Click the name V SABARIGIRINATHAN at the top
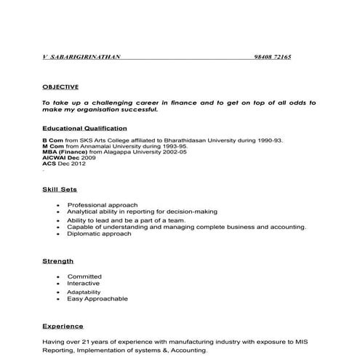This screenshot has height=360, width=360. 81,57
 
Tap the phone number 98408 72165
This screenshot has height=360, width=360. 273,57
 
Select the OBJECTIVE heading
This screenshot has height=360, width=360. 60,86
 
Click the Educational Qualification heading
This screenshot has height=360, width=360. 85,128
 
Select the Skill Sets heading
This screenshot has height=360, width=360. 60,189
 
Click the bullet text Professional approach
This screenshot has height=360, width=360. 103,205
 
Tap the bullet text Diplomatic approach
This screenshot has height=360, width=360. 100,234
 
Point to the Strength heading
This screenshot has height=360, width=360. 57,260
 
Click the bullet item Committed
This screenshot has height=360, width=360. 84,277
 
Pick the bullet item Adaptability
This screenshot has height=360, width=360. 84,292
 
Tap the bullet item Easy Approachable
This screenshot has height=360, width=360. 97,299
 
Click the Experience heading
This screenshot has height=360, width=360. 63,326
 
